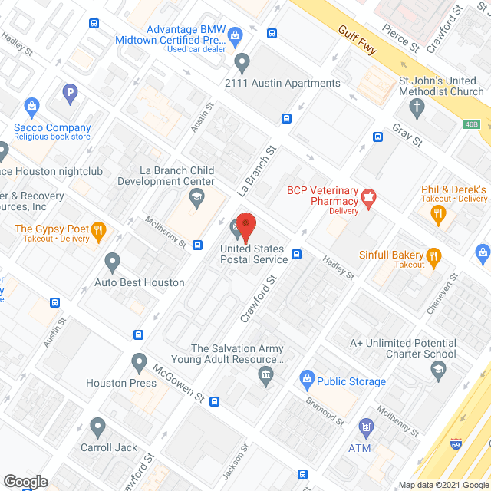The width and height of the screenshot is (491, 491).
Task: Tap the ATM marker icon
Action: point(366,426)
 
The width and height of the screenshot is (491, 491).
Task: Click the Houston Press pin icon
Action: point(139,361)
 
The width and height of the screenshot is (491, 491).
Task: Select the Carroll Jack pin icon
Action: point(97,426)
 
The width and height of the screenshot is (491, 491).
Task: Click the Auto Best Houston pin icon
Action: point(113,262)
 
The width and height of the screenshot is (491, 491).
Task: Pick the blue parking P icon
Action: point(71,94)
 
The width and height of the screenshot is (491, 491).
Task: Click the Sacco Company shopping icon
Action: point(31,105)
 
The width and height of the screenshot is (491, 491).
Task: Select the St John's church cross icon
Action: point(418,106)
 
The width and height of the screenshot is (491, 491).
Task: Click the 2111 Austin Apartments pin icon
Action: point(243,61)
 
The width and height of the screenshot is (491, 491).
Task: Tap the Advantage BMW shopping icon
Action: point(235,34)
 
